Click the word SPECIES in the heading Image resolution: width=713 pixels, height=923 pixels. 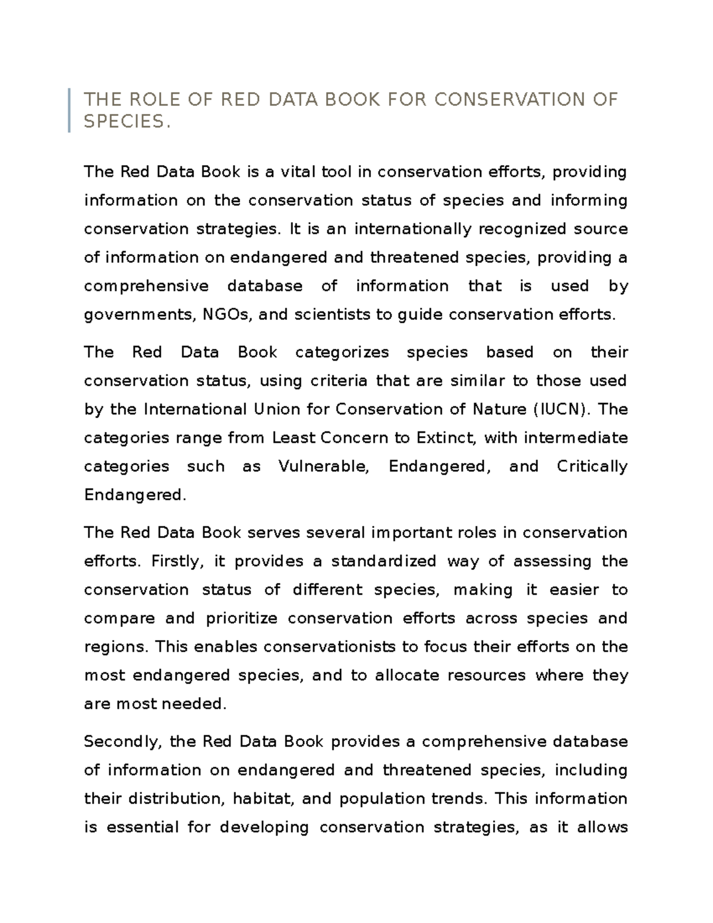pos(123,122)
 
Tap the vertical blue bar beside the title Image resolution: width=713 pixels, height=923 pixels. pos(70,110)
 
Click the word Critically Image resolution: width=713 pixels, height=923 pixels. pos(592,467)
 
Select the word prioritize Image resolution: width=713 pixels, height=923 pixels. pos(241,618)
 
